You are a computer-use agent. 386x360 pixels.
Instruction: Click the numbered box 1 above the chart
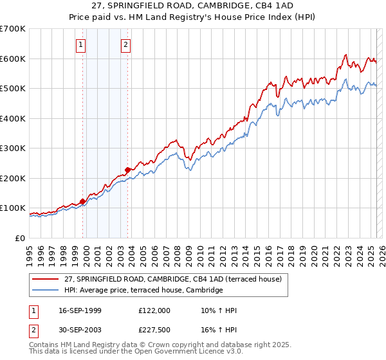click(80, 44)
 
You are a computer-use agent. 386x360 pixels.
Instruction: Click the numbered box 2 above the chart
click(125, 44)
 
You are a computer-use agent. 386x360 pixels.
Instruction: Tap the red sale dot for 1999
click(82, 201)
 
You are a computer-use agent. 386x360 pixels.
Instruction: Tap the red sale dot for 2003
click(128, 170)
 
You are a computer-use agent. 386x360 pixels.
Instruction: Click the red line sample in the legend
click(46, 280)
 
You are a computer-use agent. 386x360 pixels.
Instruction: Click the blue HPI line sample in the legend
click(46, 291)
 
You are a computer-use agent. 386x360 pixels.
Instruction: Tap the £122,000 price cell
click(154, 310)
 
